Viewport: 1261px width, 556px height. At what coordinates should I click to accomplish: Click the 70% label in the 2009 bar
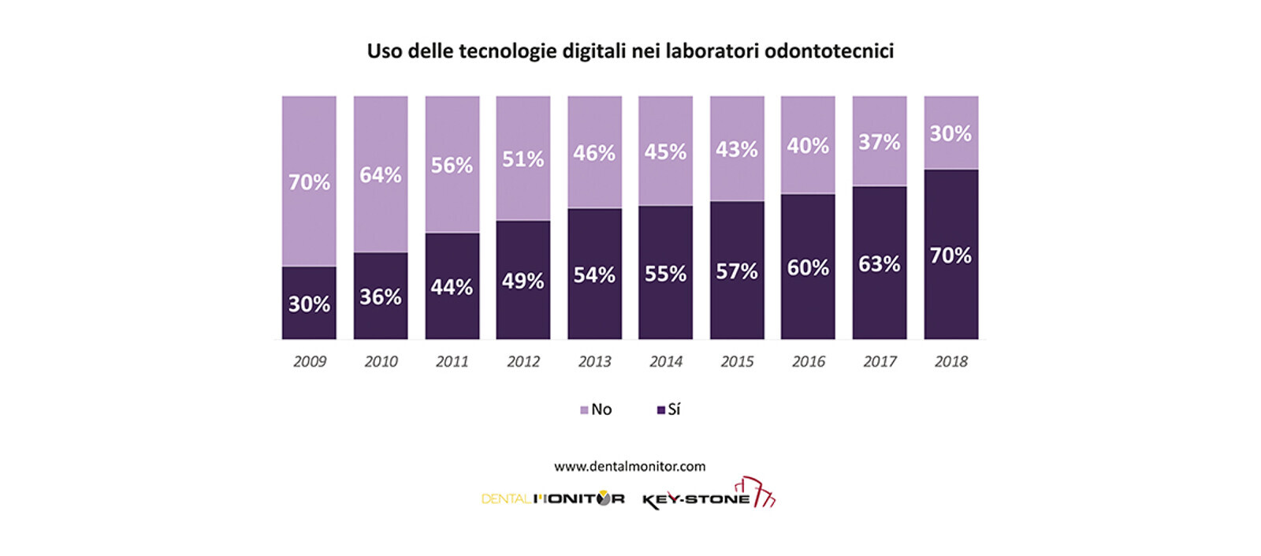click(309, 182)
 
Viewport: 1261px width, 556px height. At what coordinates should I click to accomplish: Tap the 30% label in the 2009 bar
click(309, 304)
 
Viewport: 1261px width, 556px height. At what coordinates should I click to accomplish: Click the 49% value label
click(523, 281)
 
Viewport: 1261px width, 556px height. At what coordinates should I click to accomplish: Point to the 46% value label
click(594, 152)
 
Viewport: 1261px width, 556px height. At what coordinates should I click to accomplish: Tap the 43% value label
click(737, 149)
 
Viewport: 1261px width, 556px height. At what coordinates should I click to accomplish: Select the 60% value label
click(808, 267)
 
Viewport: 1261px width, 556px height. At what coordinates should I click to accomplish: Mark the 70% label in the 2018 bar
click(950, 256)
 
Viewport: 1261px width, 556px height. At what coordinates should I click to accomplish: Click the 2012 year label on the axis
click(523, 361)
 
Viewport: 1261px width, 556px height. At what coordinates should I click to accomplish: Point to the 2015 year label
click(737, 361)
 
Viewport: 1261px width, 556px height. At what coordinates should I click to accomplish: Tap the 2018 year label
click(950, 361)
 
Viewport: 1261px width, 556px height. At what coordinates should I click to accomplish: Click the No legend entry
click(597, 409)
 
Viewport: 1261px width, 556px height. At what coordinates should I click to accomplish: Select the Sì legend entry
click(669, 409)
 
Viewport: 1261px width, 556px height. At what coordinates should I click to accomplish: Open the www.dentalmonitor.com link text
click(630, 466)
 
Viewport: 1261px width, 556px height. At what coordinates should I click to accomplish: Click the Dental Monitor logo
click(552, 498)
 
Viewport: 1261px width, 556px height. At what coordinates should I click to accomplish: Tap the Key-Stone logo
click(708, 497)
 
